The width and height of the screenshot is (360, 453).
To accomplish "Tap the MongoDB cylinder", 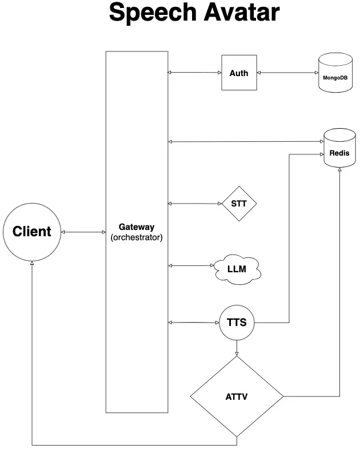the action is (335, 73).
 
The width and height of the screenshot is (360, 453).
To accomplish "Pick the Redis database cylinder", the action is (339, 148).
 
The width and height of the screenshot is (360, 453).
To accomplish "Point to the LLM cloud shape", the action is (237, 269).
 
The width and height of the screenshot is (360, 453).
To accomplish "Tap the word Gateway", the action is (137, 227).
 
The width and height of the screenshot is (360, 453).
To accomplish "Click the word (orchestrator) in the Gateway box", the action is (137, 237).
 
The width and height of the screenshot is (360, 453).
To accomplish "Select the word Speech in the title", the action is (153, 12).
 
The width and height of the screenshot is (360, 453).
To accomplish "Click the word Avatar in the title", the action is (242, 12).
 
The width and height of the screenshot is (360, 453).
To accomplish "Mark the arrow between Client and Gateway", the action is (83, 232).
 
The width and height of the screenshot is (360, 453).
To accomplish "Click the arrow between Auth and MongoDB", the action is (287, 73).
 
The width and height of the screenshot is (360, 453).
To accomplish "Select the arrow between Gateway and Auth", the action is (195, 72).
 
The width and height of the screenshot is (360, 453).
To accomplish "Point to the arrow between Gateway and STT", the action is (195, 204).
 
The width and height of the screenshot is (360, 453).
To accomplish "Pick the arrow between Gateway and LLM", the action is (191, 265).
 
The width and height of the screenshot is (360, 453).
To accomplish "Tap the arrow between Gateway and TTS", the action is (194, 323).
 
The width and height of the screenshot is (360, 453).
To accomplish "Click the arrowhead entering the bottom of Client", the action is (32, 263).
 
